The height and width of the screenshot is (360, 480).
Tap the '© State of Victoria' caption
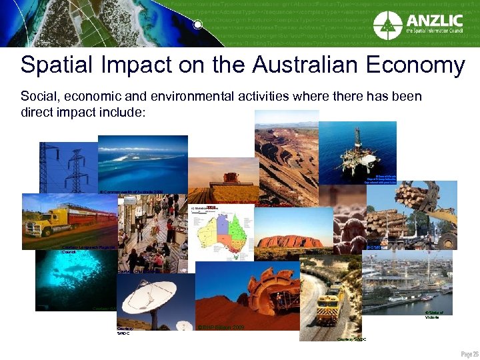coord(433,315)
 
